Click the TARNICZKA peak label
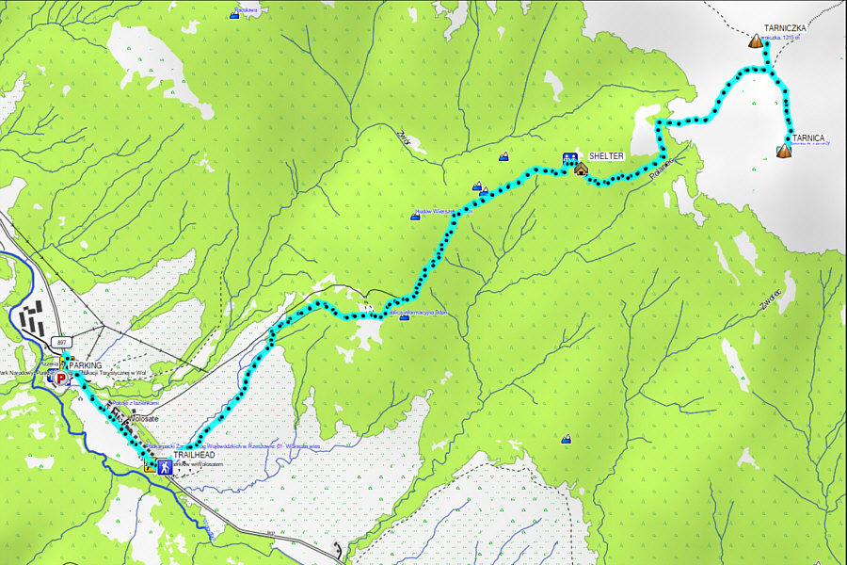tap(787, 29)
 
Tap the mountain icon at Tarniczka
tap(754, 41)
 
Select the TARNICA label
tap(810, 137)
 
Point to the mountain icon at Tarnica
tap(784, 150)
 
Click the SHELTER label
tap(607, 155)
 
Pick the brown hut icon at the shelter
tap(581, 169)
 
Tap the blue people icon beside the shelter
tap(569, 159)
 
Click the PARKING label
tap(85, 364)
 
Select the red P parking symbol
tap(61, 379)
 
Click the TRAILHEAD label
tap(196, 456)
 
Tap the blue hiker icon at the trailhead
tap(164, 465)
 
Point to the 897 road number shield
tap(62, 342)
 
